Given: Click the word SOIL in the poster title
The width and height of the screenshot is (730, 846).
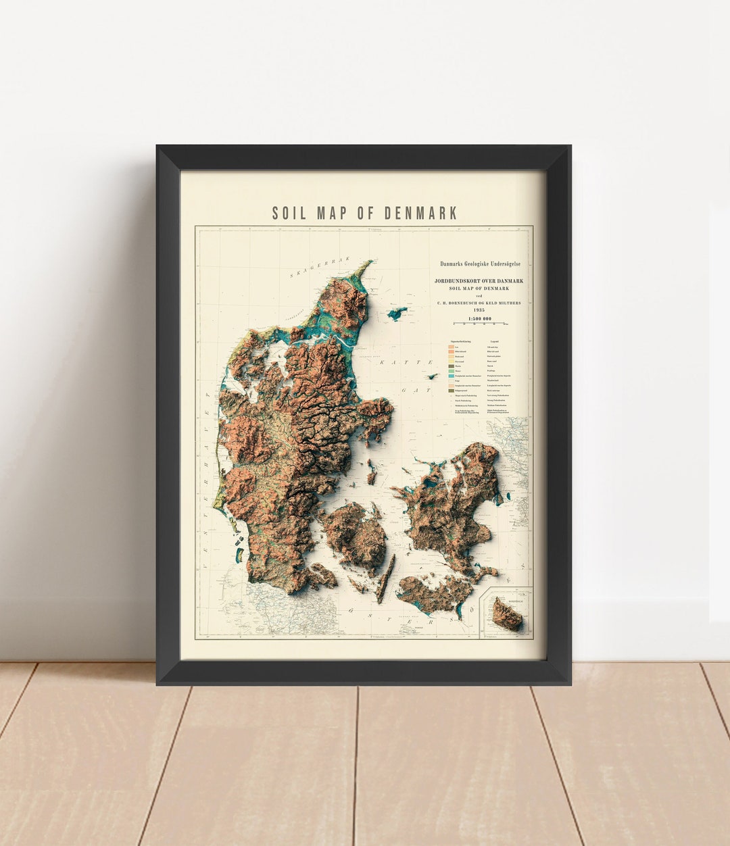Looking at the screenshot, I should pyautogui.click(x=289, y=214).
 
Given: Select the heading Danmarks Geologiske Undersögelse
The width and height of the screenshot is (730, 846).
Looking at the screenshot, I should pyautogui.click(x=481, y=265).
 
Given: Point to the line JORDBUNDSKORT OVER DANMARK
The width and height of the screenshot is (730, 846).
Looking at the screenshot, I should pyautogui.click(x=479, y=280).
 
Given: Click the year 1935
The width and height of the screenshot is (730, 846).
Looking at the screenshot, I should pyautogui.click(x=479, y=309).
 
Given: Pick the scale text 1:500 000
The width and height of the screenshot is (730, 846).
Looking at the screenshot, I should pyautogui.click(x=479, y=318).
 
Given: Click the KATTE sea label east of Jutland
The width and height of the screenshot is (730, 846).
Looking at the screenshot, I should pyautogui.click(x=394, y=363).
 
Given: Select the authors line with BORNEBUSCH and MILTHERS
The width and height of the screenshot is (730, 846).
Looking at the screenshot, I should pyautogui.click(x=479, y=303).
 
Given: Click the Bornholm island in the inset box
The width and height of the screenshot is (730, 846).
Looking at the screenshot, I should pyautogui.click(x=506, y=614).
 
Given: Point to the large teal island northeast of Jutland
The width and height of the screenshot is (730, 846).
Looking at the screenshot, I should pyautogui.click(x=397, y=314).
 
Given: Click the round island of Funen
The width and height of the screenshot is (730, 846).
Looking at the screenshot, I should pyautogui.click(x=356, y=534).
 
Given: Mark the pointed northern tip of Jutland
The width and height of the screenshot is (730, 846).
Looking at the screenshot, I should pyautogui.click(x=369, y=263).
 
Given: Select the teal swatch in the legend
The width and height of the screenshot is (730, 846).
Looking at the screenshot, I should pyautogui.click(x=451, y=376).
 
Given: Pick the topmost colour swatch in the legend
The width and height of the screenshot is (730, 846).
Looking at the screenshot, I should pyautogui.click(x=451, y=347).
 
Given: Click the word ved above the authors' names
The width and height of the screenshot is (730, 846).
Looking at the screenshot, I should pyautogui.click(x=479, y=297).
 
